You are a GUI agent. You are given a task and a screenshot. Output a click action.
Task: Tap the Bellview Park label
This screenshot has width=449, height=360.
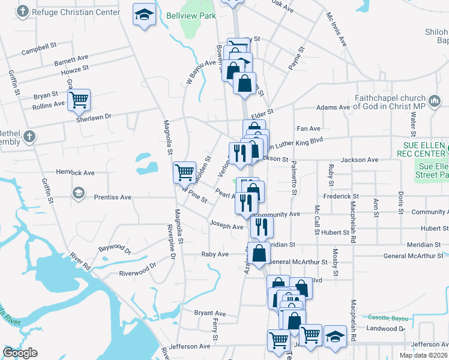(191, 16)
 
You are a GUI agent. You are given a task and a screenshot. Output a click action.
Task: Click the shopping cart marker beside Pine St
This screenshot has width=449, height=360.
(184, 172)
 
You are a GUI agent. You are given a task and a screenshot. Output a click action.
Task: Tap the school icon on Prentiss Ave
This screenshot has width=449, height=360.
(77, 193)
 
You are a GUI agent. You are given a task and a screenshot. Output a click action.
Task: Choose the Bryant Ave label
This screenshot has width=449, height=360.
(210, 313)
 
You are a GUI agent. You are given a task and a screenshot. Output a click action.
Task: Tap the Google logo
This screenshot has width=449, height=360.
(20, 353)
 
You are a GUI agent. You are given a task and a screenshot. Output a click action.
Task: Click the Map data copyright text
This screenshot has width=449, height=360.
(422, 355)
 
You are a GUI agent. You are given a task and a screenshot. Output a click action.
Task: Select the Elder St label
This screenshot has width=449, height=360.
(262, 112)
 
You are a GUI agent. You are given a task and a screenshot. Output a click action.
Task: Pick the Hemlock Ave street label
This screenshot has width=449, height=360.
(76, 173)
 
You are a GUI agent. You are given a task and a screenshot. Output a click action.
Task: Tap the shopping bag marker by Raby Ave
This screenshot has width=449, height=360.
(259, 253)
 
